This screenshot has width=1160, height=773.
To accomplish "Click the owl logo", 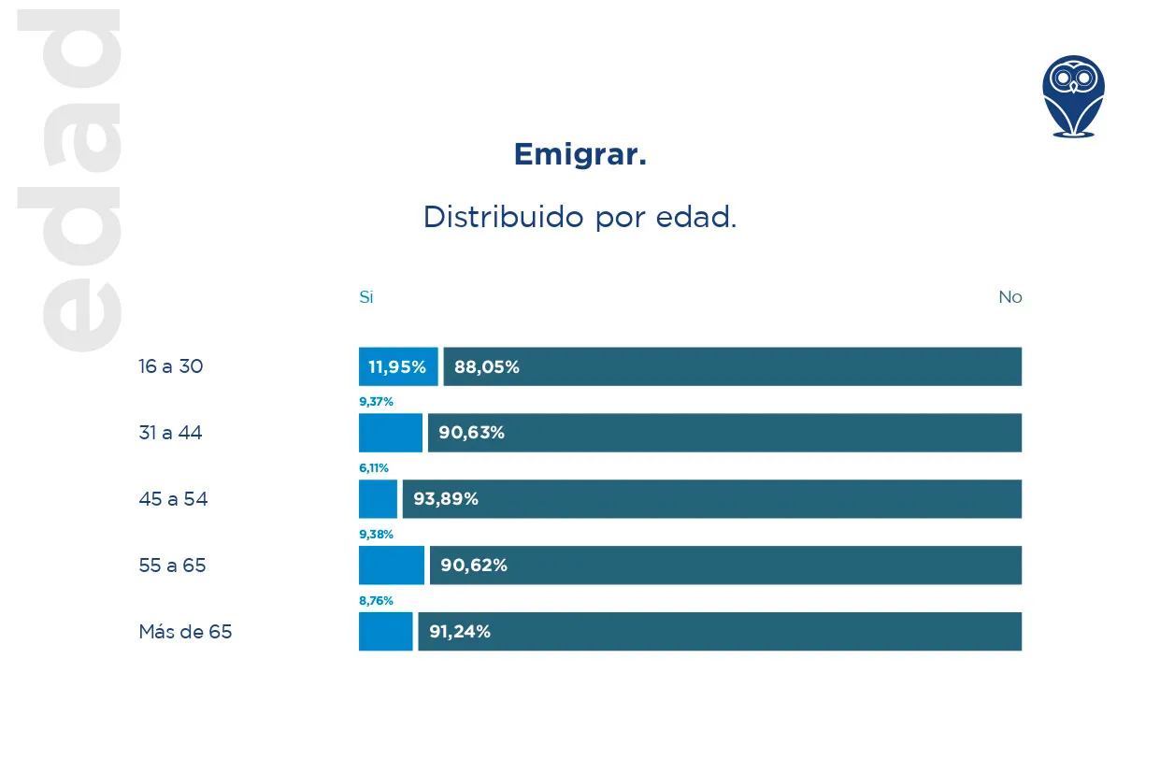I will [1073, 96].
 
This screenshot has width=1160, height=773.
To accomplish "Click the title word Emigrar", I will [580, 154].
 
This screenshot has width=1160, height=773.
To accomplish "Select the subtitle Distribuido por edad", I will [580, 217].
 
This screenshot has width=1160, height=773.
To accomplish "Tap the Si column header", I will [366, 297].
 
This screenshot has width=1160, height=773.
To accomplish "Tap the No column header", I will [1010, 297].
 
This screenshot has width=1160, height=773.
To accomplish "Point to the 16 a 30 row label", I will [171, 366].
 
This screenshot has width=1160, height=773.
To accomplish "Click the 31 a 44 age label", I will [170, 433].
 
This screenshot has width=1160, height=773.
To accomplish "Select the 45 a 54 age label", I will [173, 499].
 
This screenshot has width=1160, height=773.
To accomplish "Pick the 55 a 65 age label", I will [172, 565].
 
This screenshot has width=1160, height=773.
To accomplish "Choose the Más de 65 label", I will [185, 632].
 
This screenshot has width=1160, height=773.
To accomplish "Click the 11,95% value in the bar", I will [397, 367].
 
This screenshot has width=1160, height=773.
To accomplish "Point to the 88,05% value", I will [487, 367].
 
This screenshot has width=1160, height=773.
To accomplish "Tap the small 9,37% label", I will [376, 402].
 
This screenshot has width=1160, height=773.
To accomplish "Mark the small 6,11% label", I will [374, 468].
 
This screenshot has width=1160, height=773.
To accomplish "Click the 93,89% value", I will [446, 499].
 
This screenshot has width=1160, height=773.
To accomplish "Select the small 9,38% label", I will [376, 535].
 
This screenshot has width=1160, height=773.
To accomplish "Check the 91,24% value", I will [460, 632].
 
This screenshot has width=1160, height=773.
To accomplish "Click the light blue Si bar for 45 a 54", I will [378, 499].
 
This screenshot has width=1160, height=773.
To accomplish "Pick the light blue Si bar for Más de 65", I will [385, 632].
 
